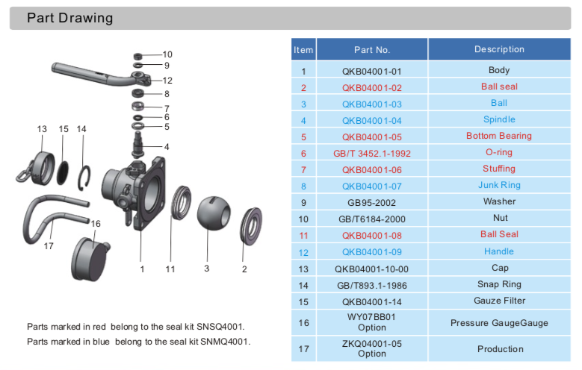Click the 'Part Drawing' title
pyautogui.click(x=70, y=18)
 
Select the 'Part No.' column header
pyautogui.click(x=372, y=50)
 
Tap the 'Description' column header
pyautogui.click(x=499, y=50)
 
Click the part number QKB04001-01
pyautogui.click(x=372, y=71)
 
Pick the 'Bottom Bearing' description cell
pyautogui.click(x=499, y=137)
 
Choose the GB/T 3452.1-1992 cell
pyautogui.click(x=372, y=153)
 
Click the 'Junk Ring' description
pyautogui.click(x=499, y=186)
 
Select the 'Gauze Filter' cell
pyautogui.click(x=499, y=301)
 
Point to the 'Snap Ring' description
pyautogui.click(x=499, y=285)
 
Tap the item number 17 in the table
pyautogui.click(x=303, y=348)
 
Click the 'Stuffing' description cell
pyautogui.click(x=499, y=169)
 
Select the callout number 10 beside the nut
pyautogui.click(x=167, y=54)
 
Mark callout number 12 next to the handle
pyautogui.click(x=167, y=80)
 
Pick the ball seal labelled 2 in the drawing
pyautogui.click(x=251, y=225)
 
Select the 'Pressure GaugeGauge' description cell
pyautogui.click(x=499, y=323)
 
